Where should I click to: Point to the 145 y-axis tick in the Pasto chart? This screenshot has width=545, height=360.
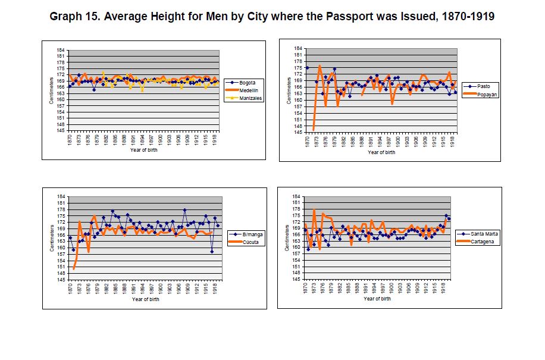(x=298, y=132)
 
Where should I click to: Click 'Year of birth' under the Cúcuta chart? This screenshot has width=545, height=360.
(x=145, y=299)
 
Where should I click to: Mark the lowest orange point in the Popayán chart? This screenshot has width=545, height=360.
(x=314, y=129)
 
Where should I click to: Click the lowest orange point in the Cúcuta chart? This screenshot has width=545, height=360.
(x=74, y=269)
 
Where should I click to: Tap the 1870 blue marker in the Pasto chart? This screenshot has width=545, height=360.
(x=308, y=68)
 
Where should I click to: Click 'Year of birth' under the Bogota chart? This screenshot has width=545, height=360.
(x=145, y=150)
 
